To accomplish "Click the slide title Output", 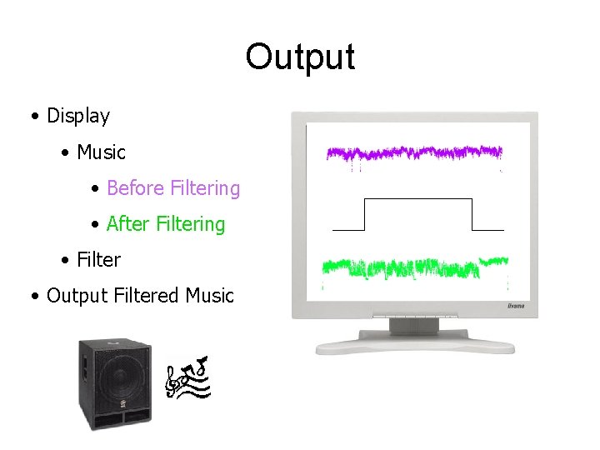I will point(300,57).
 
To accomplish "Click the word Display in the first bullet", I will point(78,116).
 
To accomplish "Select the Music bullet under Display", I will point(101,152).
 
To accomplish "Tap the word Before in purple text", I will point(135,188).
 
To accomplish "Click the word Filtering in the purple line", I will point(204,189).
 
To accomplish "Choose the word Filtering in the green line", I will point(190,225).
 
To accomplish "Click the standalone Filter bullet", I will point(98,260).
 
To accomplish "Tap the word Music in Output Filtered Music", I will point(210,296).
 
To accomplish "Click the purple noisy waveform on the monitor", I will point(414,153).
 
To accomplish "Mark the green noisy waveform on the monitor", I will point(414,267).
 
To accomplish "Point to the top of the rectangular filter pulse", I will point(418,200).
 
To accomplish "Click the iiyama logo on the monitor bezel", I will point(516,307).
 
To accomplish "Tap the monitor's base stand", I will point(414,342).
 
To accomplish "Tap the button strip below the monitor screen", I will point(414,317).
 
